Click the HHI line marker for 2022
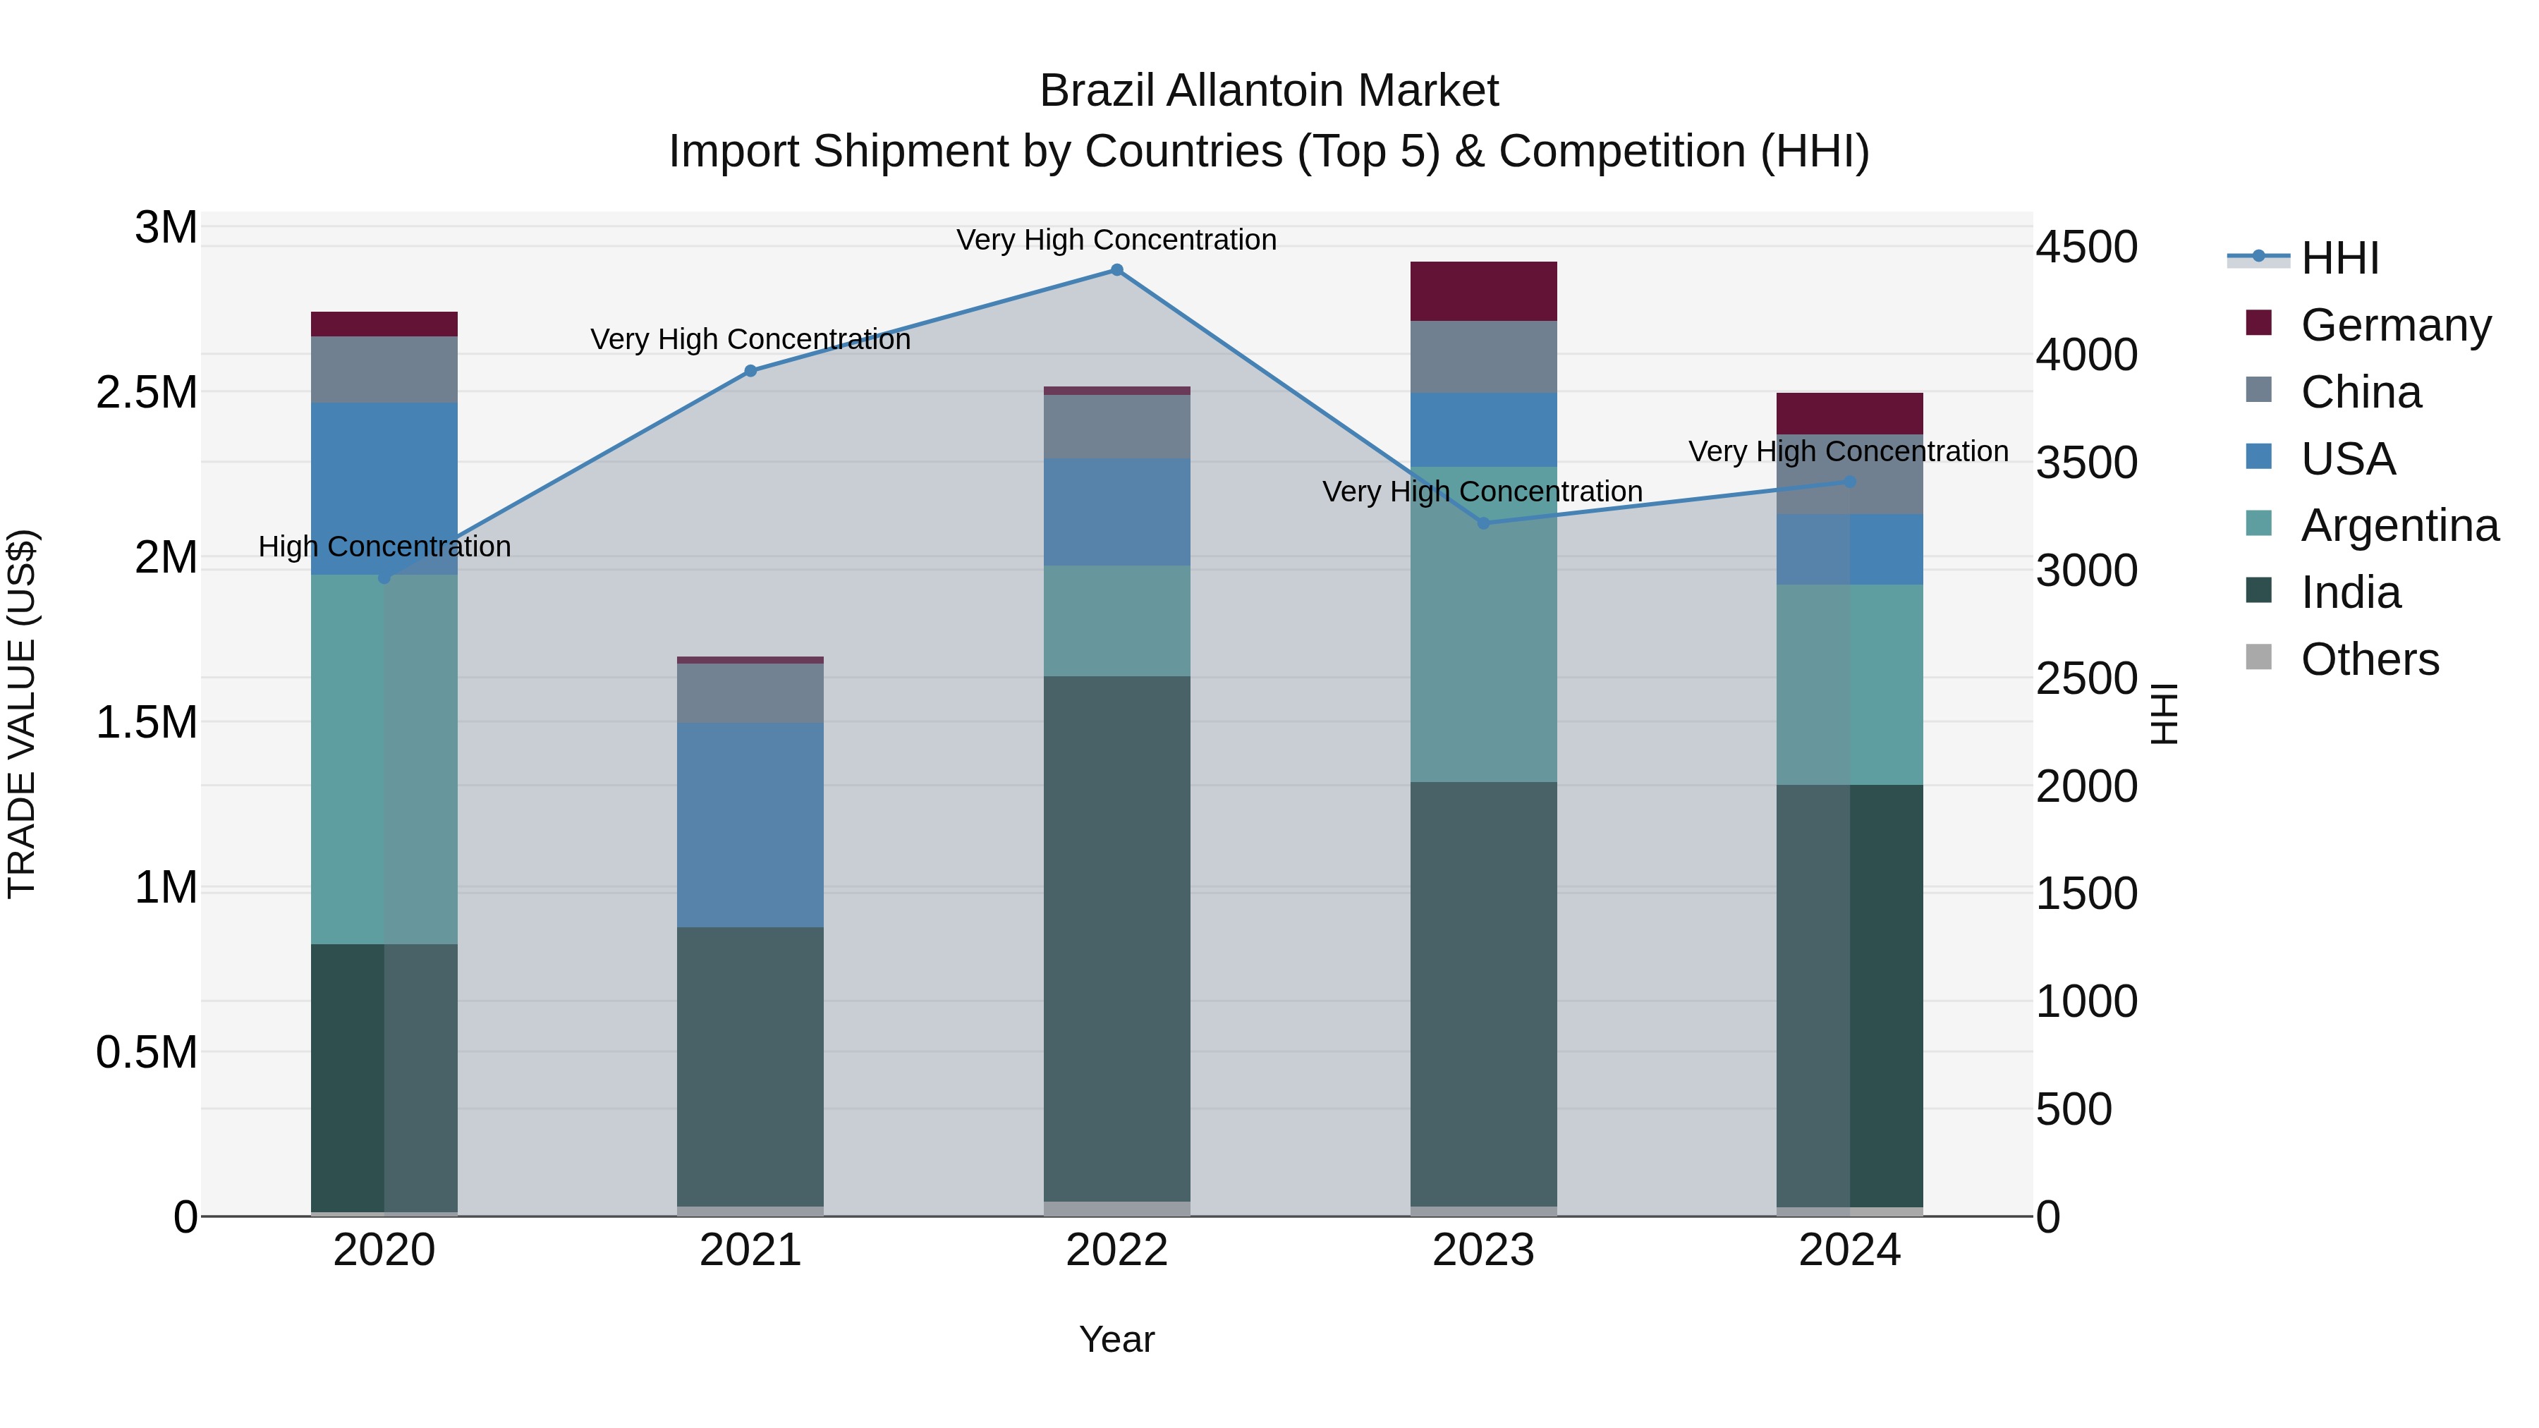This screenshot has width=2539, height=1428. (1116, 270)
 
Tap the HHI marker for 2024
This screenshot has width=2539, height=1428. (1850, 482)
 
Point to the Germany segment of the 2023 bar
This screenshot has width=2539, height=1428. (1483, 292)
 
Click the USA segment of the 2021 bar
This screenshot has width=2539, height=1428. (750, 825)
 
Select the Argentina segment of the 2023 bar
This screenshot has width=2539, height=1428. (1483, 625)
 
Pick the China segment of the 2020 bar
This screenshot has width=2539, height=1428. (384, 370)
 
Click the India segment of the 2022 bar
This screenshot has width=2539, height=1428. (1116, 938)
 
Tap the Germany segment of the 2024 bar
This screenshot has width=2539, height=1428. (1850, 414)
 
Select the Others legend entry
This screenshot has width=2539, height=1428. (2370, 659)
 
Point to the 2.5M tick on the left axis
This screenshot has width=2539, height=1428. (147, 392)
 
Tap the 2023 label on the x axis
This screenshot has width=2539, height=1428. (1483, 1250)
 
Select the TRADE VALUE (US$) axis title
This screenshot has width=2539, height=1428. (22, 714)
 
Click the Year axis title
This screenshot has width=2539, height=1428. (1116, 1339)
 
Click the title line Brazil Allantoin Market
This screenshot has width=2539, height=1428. (1269, 91)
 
